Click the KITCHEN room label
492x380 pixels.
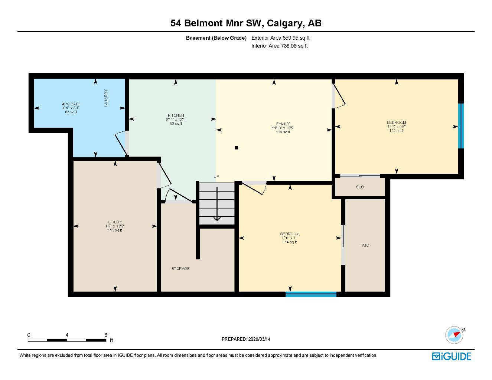[x=176, y=115]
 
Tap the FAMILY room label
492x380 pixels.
[x=283, y=124]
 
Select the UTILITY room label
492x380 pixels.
[x=115, y=222]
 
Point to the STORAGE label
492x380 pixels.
[x=180, y=268]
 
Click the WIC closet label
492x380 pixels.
[x=365, y=245]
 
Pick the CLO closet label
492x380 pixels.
[x=360, y=187]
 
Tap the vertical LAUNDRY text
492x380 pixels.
[x=106, y=98]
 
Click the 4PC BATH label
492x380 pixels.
[x=71, y=104]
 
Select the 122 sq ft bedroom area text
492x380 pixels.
[x=396, y=131]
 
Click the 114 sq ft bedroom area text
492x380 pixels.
[x=290, y=242]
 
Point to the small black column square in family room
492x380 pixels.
[x=236, y=148]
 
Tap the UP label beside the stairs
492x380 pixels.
[x=216, y=177]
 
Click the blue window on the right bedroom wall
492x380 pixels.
[x=461, y=126]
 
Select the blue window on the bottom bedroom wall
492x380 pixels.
[x=311, y=294]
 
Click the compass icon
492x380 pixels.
[x=454, y=335]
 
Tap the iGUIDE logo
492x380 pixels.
[x=452, y=356]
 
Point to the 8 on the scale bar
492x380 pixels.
[x=106, y=335]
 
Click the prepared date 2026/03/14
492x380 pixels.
[x=259, y=339]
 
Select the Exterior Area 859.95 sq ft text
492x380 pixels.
[x=280, y=37]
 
